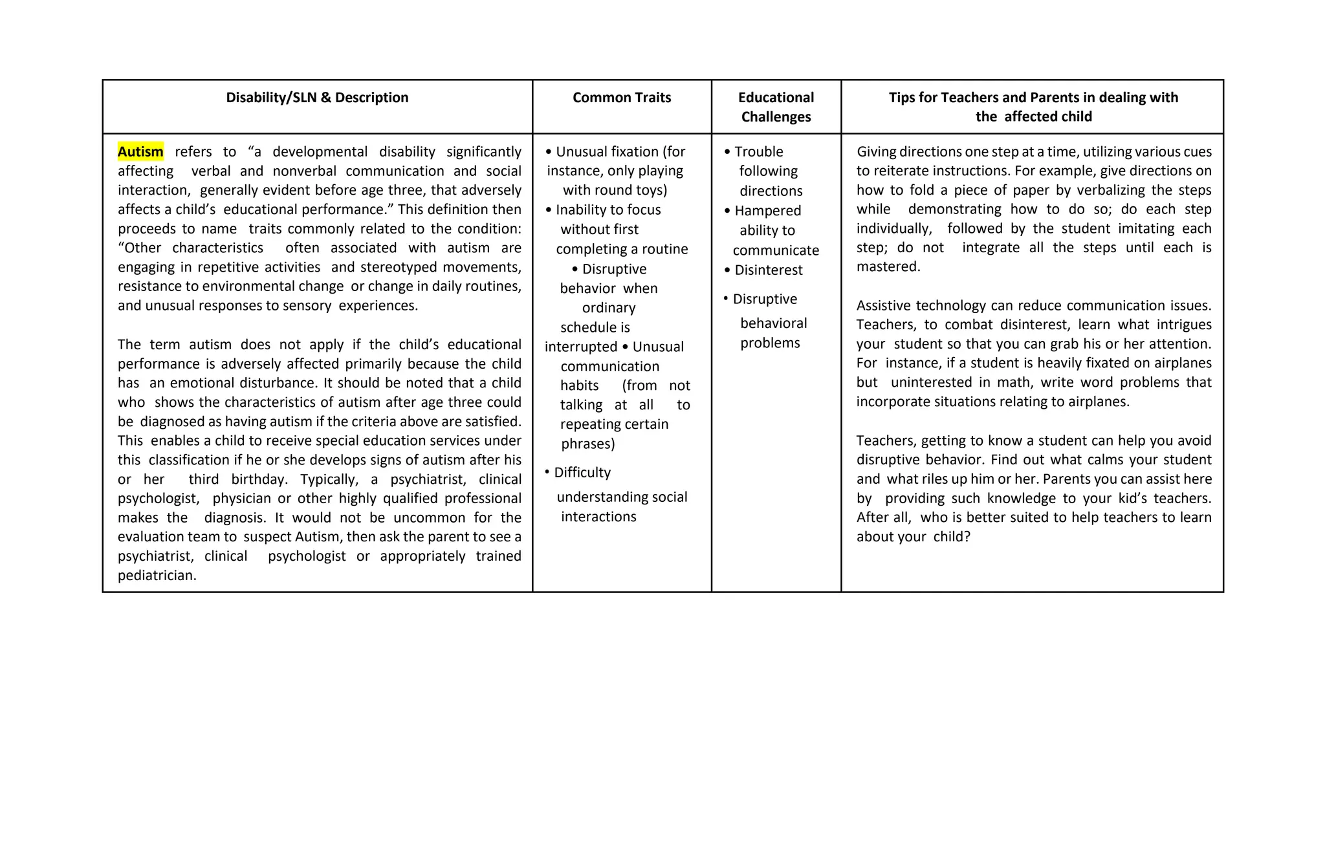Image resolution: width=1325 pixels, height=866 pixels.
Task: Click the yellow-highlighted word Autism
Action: pyautogui.click(x=140, y=151)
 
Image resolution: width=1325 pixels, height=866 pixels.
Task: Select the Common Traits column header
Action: pyautogui.click(x=622, y=98)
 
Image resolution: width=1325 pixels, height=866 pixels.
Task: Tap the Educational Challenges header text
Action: pyautogui.click(x=776, y=107)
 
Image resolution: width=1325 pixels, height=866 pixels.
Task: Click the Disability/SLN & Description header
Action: pyautogui.click(x=317, y=98)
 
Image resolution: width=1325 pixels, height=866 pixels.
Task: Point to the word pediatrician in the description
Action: pyautogui.click(x=157, y=576)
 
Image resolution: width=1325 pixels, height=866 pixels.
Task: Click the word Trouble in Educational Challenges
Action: pyautogui.click(x=758, y=151)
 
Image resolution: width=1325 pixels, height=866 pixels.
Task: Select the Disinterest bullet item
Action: pyautogui.click(x=768, y=270)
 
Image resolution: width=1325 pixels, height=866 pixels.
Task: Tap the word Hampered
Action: pyautogui.click(x=767, y=211)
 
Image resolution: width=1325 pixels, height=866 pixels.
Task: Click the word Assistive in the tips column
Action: pyautogui.click(x=884, y=305)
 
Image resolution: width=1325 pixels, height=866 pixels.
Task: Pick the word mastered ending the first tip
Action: pyautogui.click(x=887, y=267)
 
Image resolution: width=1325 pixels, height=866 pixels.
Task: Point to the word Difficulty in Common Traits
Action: pyautogui.click(x=582, y=473)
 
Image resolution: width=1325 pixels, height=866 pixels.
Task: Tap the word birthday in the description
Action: pyautogui.click(x=259, y=479)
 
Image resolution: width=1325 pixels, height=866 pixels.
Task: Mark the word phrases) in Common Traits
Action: pyautogui.click(x=587, y=444)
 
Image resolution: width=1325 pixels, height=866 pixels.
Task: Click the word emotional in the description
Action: pyautogui.click(x=202, y=383)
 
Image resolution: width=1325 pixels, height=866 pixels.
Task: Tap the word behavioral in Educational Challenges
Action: pyautogui.click(x=773, y=323)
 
